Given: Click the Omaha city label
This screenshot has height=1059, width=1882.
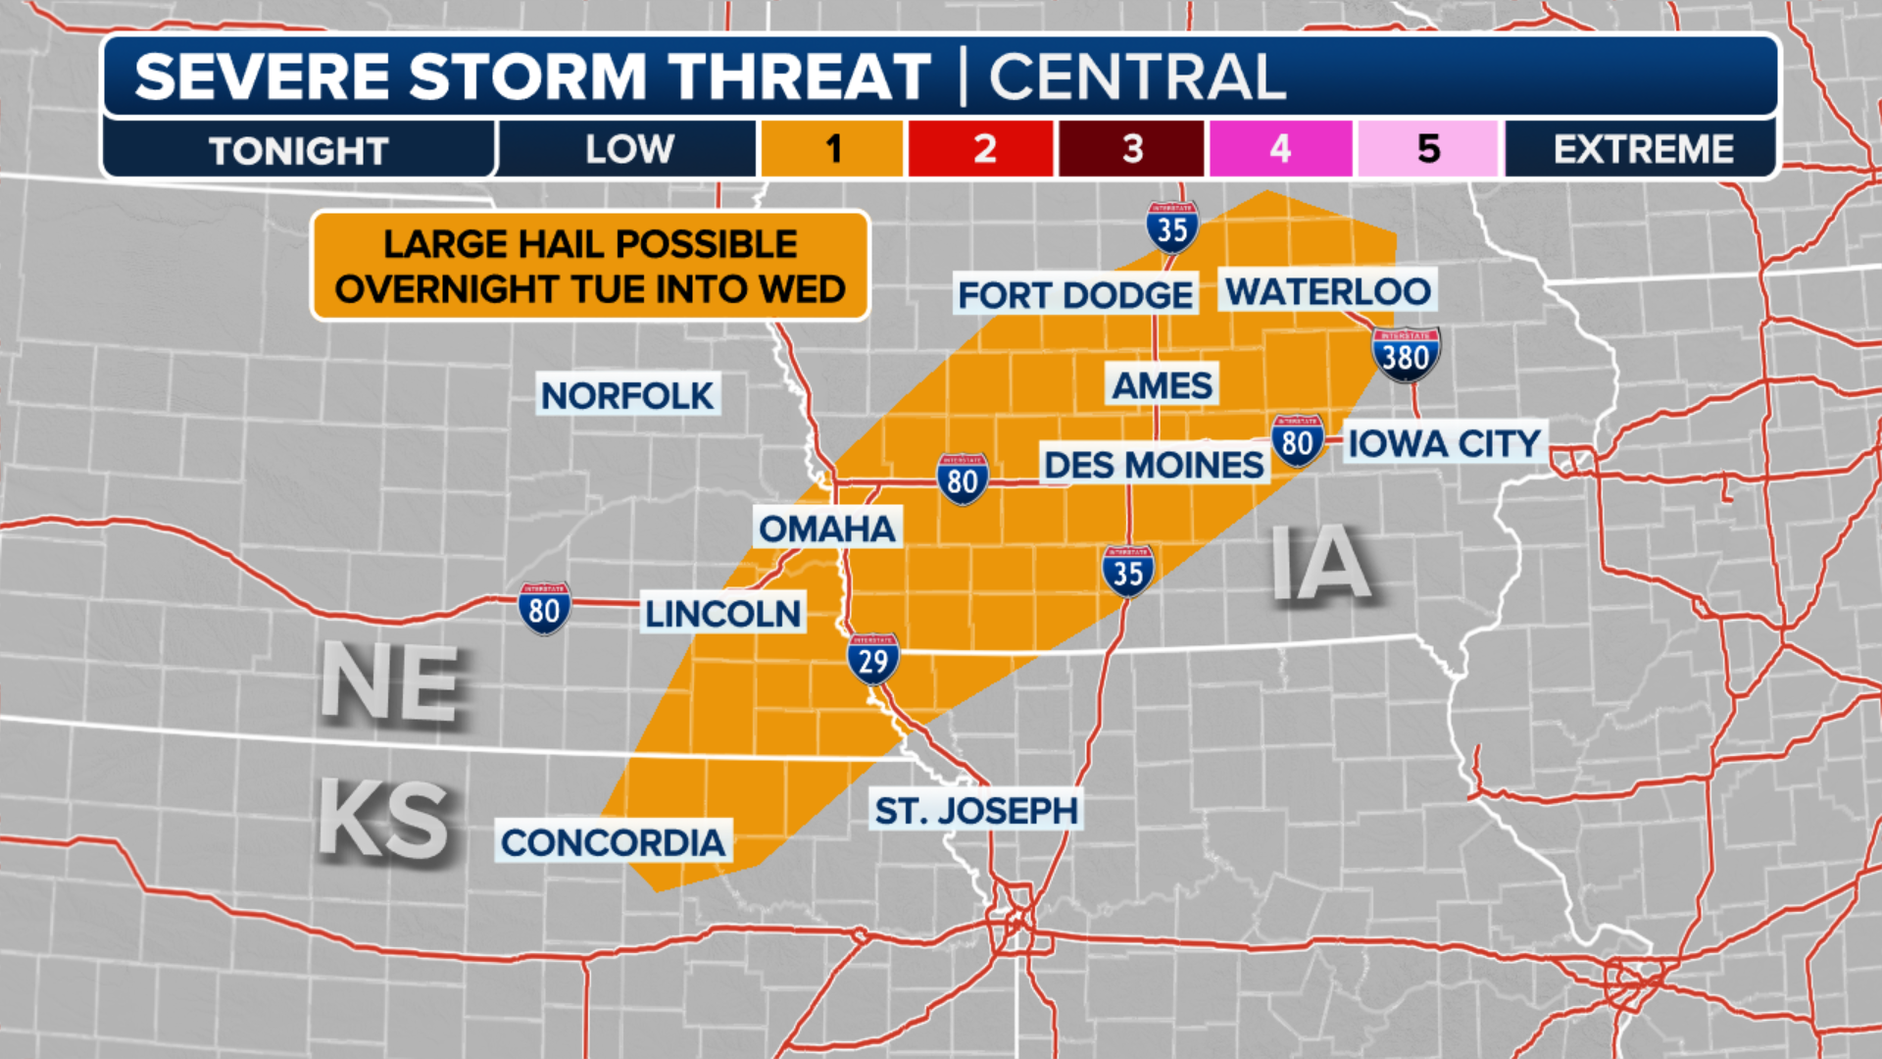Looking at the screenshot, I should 827,529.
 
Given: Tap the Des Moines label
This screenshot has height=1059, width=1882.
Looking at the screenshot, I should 1153,465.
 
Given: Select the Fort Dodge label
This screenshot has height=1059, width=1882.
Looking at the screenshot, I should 1075,295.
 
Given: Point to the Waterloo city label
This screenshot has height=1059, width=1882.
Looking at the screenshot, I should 1327,291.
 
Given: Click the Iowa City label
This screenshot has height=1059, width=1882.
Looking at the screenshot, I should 1444,444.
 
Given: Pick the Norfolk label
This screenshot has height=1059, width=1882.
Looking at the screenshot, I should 627,396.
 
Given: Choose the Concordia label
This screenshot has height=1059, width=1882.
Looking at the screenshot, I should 613,842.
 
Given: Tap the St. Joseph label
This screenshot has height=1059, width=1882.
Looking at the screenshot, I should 976,811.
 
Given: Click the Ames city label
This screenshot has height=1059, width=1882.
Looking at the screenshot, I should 1162,385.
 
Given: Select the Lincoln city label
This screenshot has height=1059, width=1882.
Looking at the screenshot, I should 722,614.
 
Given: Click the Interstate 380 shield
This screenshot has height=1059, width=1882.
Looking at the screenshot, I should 1406,355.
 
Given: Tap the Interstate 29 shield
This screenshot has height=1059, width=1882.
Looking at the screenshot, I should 872,660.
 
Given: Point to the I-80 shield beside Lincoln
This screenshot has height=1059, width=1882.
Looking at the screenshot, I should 544,609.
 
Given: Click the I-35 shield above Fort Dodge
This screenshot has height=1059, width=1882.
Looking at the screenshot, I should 1172,228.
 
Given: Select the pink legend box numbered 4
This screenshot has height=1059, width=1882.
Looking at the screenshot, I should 1280,149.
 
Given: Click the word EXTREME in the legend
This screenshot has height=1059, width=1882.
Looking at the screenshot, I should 1643,149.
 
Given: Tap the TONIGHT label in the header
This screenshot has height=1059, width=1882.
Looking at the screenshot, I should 299,151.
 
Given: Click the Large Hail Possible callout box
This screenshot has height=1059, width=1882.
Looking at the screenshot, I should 590,266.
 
